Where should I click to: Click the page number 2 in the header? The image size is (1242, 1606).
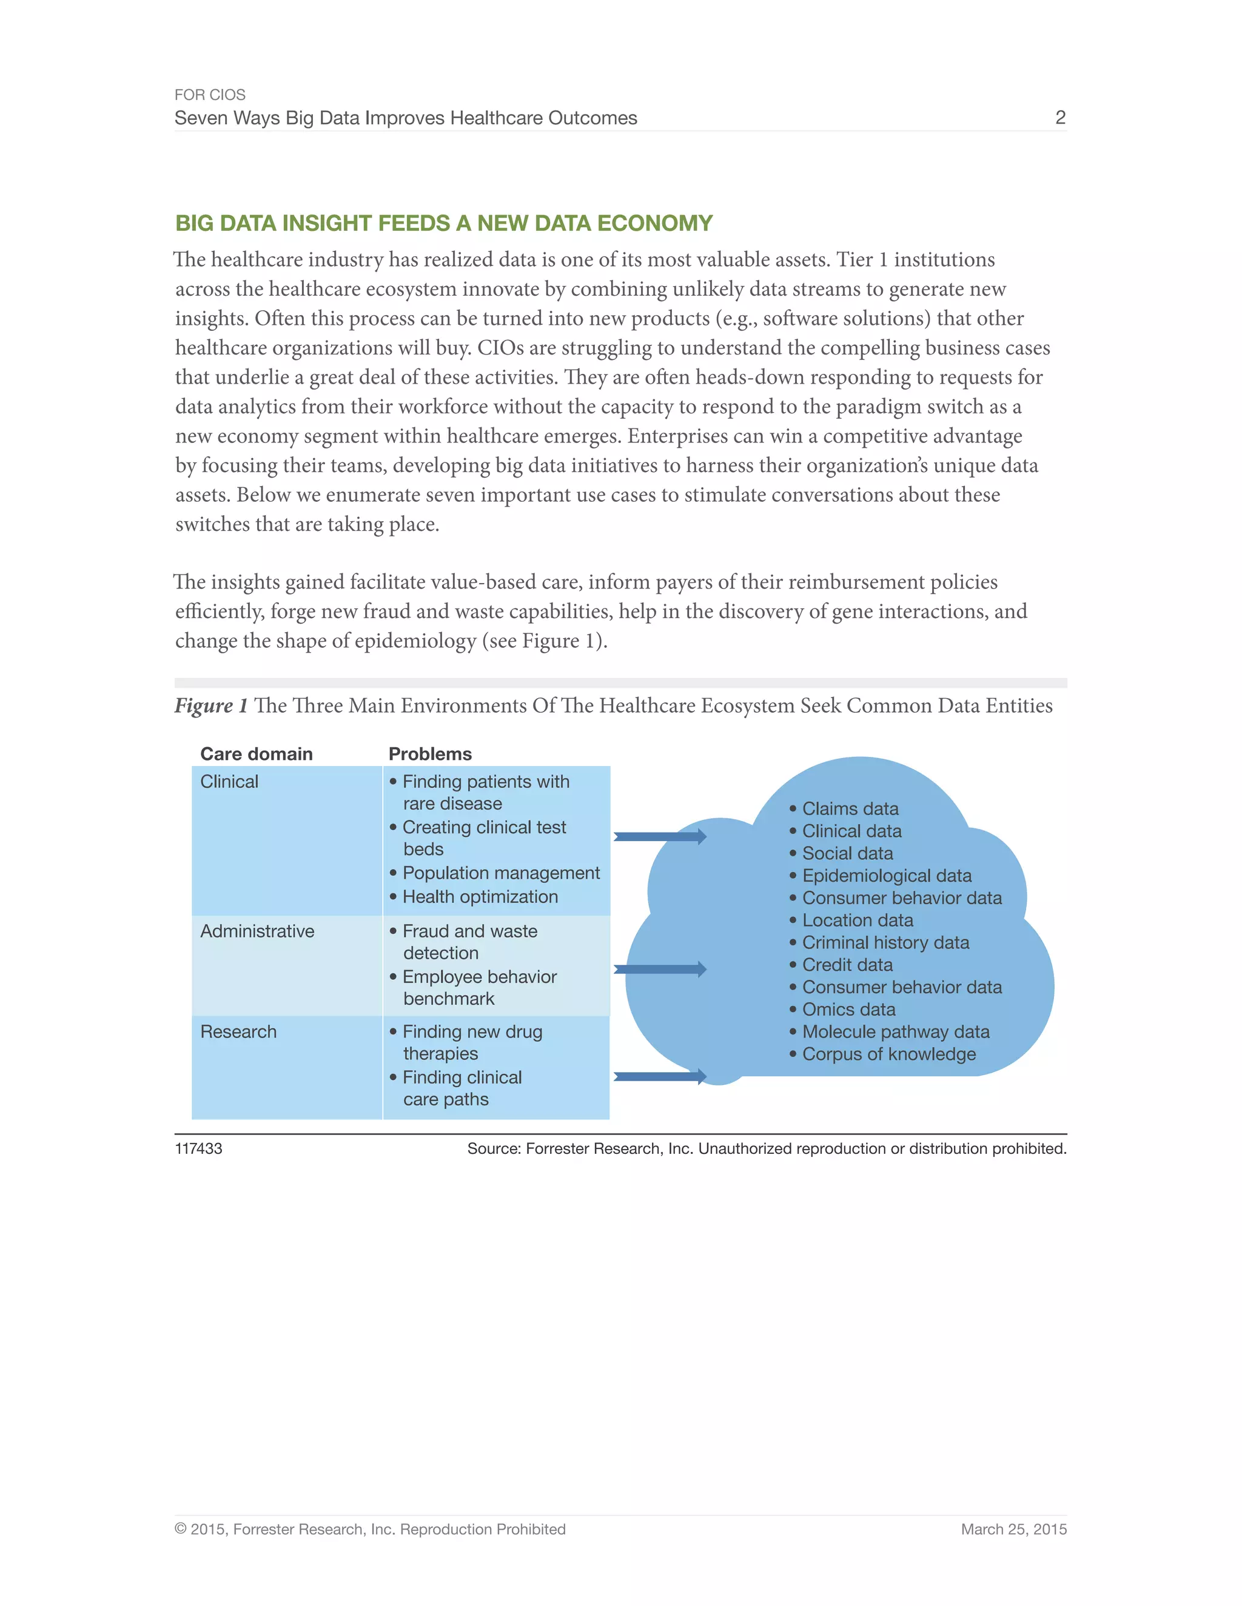[x=1059, y=118]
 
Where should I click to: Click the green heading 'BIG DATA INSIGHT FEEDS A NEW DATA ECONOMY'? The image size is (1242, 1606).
[x=444, y=223]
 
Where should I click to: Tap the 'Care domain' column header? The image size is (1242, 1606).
[x=256, y=754]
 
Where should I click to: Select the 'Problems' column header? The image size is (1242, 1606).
[x=430, y=754]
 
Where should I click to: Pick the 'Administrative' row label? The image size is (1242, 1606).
[x=257, y=931]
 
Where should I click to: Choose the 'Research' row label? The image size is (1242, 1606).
[x=238, y=1031]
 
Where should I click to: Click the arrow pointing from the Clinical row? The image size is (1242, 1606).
[x=659, y=836]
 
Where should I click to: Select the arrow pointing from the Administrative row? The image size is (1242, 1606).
[x=659, y=969]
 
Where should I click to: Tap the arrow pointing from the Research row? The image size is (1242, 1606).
[x=659, y=1076]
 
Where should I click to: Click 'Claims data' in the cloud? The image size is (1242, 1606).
[x=850, y=809]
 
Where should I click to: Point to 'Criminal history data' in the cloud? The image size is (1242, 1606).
[x=885, y=943]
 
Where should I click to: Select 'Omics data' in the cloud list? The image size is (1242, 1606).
[x=848, y=1010]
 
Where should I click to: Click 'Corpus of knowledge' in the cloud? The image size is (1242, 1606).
[x=889, y=1054]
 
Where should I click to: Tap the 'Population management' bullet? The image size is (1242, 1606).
[x=500, y=873]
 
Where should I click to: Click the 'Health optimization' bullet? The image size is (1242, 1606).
[x=480, y=897]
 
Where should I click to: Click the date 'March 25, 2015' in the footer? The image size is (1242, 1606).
[x=1013, y=1530]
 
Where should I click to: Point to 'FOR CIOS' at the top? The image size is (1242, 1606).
[x=210, y=95]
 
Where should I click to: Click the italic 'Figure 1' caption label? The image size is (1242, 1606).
[x=210, y=706]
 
